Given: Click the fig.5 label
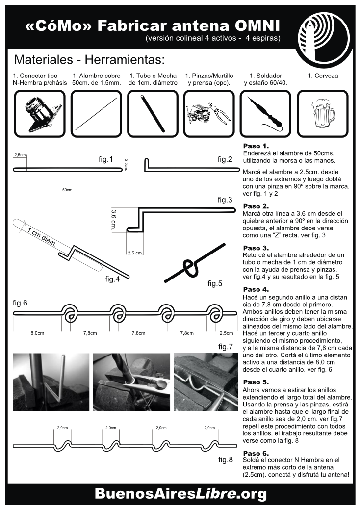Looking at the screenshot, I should click(x=215, y=283).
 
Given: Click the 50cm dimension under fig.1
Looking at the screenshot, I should click(x=67, y=190).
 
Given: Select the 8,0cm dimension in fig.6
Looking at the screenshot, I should click(x=38, y=333).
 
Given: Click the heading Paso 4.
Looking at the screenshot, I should click(x=256, y=289).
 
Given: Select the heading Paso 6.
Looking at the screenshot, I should click(x=256, y=453).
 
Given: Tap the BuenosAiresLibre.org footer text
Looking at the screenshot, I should click(x=180, y=492).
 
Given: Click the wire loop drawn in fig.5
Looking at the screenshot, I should click(x=190, y=267).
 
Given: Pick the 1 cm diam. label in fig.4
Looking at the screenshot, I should click(x=42, y=237).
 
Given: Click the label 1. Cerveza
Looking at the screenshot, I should click(x=323, y=76).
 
